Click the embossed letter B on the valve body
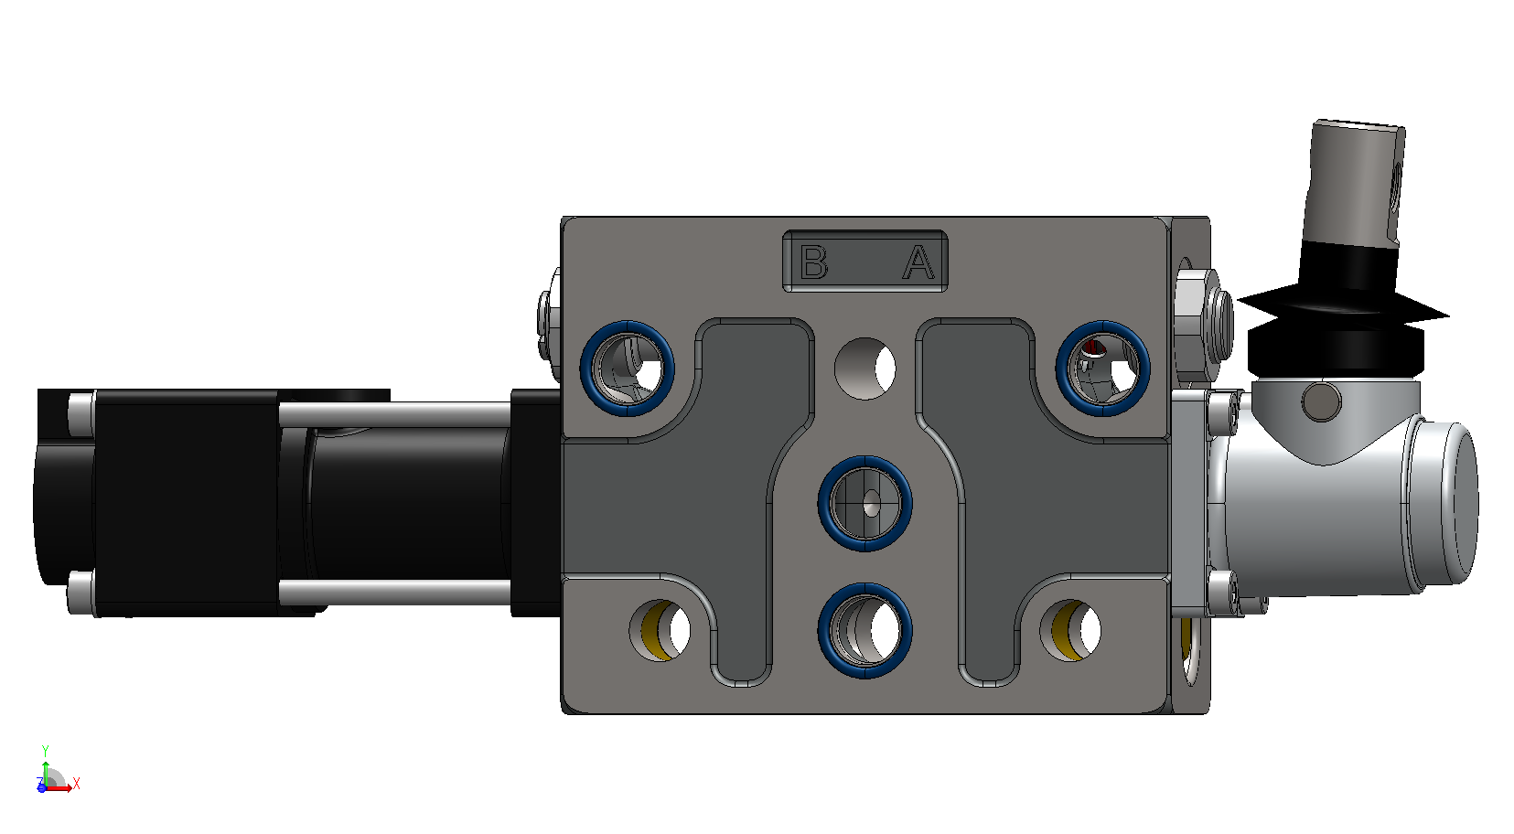(813, 262)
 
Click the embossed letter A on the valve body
(918, 262)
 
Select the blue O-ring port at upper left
(627, 369)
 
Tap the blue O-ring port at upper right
(1102, 369)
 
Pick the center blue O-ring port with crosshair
(864, 503)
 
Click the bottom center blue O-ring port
(864, 630)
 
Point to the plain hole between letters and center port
(864, 369)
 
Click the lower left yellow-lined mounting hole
(659, 630)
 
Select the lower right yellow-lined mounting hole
(1070, 630)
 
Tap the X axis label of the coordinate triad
(76, 784)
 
